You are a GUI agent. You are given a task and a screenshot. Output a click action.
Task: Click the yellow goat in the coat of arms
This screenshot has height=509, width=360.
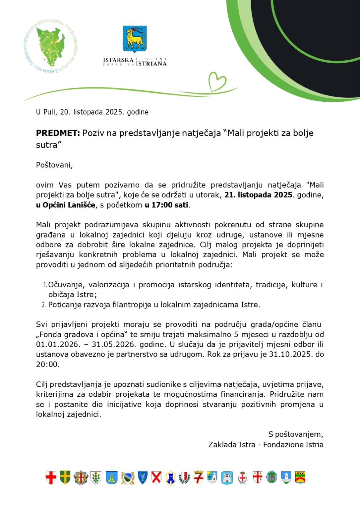[135, 39]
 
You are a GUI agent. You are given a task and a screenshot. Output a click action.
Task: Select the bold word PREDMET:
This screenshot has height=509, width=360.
[58, 133]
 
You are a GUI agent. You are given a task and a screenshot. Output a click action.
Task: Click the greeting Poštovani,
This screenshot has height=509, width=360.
[54, 165]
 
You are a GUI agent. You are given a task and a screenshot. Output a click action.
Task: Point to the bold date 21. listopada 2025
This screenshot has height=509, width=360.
[258, 195]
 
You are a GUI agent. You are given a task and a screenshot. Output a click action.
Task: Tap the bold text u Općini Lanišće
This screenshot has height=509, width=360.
[66, 205]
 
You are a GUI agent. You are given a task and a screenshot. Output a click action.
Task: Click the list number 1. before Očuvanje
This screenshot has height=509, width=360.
[45, 285]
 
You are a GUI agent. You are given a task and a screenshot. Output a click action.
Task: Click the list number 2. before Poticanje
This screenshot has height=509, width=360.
[44, 305]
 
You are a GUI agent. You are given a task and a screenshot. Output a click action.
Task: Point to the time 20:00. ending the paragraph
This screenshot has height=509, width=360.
[48, 365]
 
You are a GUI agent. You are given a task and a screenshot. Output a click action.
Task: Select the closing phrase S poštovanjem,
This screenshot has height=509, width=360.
[295, 434]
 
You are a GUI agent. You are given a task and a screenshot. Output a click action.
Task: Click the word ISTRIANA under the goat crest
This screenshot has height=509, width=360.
[151, 64]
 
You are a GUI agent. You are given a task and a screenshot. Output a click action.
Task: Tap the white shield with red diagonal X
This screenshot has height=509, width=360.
[156, 478]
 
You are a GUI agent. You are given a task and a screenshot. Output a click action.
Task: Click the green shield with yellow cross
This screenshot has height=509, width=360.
[65, 478]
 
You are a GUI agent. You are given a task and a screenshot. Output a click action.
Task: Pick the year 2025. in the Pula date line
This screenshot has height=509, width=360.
[114, 112]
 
